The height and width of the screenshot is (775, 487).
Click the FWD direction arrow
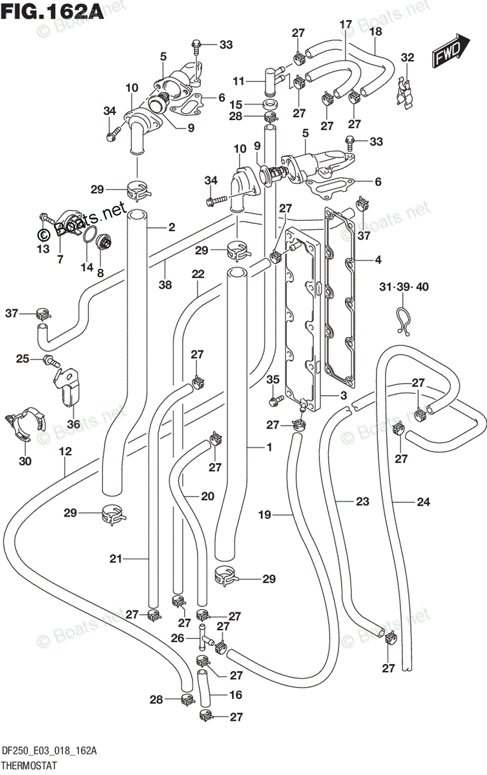click(x=451, y=50)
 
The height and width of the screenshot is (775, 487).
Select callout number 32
click(x=408, y=57)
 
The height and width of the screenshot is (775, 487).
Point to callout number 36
click(x=74, y=424)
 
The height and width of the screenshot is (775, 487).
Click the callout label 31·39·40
click(x=404, y=287)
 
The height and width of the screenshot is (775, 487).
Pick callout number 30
click(x=25, y=461)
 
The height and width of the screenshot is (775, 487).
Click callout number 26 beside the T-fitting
click(x=178, y=637)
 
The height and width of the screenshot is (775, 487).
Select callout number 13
click(x=43, y=249)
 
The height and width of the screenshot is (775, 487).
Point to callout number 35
click(x=273, y=379)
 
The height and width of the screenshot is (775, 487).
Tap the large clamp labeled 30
click(x=25, y=424)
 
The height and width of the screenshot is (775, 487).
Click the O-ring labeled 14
click(x=88, y=236)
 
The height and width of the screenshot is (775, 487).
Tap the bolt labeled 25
click(x=52, y=361)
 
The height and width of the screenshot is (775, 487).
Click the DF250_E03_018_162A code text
click(x=49, y=751)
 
